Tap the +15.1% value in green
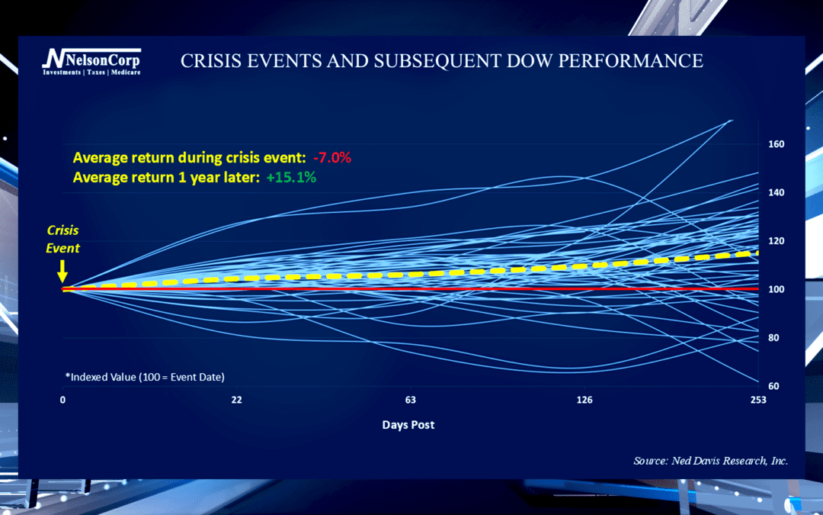coord(290,177)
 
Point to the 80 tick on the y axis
coord(774,338)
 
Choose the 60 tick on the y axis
coord(774,386)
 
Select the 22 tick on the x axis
coord(237,401)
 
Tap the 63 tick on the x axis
coord(410,401)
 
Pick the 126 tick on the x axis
coord(584,401)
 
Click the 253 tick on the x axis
coord(757,401)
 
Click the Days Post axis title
coord(408,424)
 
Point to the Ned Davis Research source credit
coord(710,461)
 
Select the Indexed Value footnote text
coord(145,377)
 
